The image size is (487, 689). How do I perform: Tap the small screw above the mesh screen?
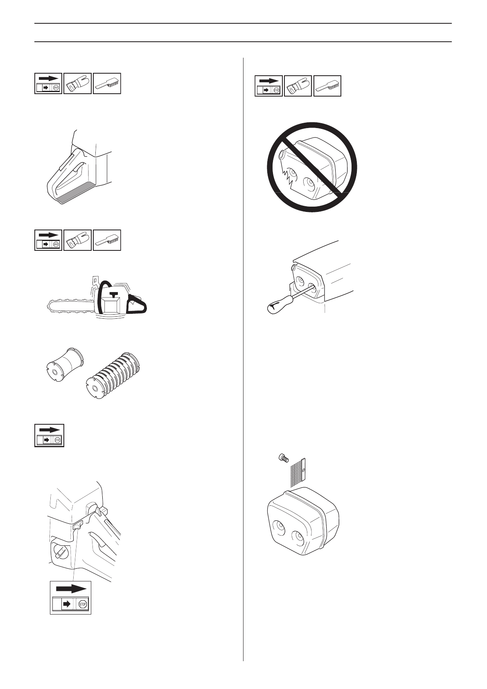282,459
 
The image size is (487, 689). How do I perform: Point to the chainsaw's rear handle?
139,306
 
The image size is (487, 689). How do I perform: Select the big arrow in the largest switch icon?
71,588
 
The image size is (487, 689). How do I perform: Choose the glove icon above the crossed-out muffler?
298,86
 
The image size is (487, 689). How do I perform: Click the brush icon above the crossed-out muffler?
327,86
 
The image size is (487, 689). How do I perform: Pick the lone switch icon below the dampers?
49,435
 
